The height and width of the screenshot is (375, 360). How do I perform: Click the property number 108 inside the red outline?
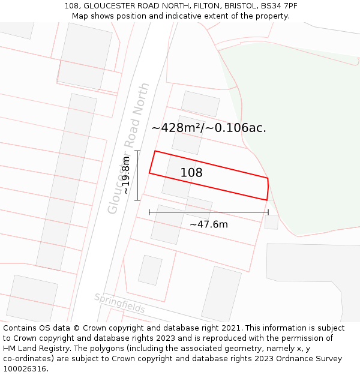(x=191, y=173)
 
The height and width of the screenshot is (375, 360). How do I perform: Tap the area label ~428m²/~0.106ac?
(x=209, y=128)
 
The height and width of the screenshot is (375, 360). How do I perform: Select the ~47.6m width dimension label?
(x=209, y=224)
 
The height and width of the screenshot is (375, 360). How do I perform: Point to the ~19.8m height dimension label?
(x=126, y=175)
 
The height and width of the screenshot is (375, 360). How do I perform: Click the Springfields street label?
(x=119, y=303)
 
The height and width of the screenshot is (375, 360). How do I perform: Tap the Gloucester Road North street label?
(x=128, y=148)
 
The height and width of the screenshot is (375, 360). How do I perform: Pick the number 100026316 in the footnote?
(x=25, y=369)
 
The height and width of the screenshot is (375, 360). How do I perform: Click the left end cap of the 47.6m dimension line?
(x=149, y=212)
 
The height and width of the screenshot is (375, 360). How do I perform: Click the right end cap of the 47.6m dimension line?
(x=268, y=212)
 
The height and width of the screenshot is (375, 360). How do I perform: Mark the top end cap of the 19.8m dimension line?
(x=137, y=151)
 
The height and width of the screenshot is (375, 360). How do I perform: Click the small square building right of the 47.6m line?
(x=271, y=222)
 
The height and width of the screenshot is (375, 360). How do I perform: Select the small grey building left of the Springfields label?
(x=150, y=270)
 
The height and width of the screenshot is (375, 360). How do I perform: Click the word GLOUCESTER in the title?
(x=106, y=6)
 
